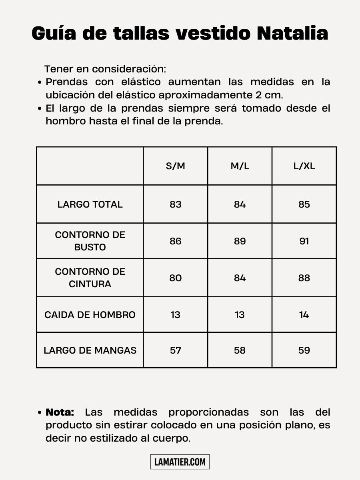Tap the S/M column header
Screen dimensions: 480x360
click(176, 166)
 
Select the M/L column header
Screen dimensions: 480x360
click(240, 166)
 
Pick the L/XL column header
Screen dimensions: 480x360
click(304, 166)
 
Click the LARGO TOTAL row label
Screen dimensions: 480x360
click(90, 204)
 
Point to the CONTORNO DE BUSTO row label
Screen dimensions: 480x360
click(90, 241)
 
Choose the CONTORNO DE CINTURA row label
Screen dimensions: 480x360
click(90, 278)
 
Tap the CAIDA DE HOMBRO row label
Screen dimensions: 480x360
click(90, 315)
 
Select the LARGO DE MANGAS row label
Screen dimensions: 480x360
click(90, 350)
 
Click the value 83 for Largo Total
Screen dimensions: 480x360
click(176, 204)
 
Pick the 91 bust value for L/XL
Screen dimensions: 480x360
click(304, 241)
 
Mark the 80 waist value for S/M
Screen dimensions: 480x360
click(176, 278)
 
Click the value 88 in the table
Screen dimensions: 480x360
click(304, 278)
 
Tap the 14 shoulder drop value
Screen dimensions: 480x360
click(304, 315)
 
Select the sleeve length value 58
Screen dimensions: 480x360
click(240, 350)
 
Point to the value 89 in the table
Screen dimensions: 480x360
click(240, 241)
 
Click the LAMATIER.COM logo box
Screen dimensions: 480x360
click(180, 462)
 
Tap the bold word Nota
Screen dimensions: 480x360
click(60, 412)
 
